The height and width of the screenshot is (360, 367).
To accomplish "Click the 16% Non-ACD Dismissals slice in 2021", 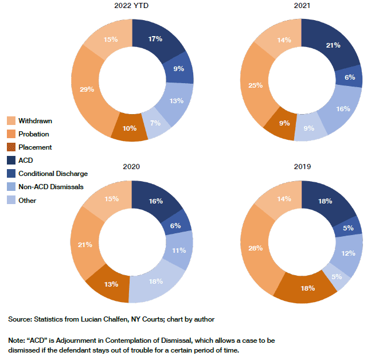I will (x=342, y=109).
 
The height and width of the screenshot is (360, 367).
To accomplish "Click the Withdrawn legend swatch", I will (x=10, y=121).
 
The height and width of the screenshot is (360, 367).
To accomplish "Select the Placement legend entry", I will (x=35, y=147).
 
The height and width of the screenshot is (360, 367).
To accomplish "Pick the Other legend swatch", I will (x=10, y=200).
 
